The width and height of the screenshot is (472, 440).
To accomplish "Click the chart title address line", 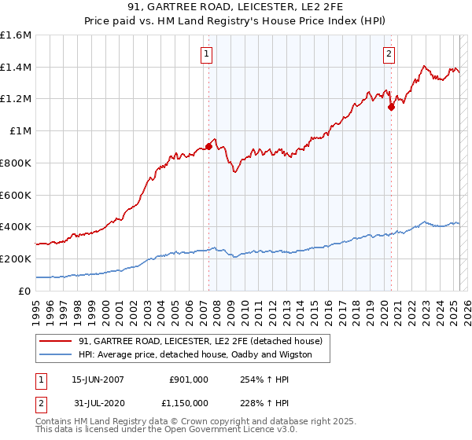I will coord(236,7).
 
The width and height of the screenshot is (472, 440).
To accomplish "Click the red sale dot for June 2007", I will coord(208,145).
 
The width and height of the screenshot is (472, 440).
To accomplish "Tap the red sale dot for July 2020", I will coord(391,107).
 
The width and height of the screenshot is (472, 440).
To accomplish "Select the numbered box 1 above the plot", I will coord(206,54).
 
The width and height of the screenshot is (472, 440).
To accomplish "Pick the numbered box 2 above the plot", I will coord(389,54).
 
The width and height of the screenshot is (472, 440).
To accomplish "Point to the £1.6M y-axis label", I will coord(16,35).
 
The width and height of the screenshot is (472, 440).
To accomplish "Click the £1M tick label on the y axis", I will coord(19,131).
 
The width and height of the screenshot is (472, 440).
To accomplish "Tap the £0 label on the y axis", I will coord(25,291).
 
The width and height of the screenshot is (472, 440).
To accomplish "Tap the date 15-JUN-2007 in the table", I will coord(98,379).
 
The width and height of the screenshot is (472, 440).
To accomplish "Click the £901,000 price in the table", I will coord(189,379).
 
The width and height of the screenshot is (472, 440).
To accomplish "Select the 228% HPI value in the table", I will coord(254,402).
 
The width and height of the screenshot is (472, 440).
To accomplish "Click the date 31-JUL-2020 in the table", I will coord(98,402).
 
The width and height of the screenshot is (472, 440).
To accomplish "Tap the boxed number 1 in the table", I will coord(40,379).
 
